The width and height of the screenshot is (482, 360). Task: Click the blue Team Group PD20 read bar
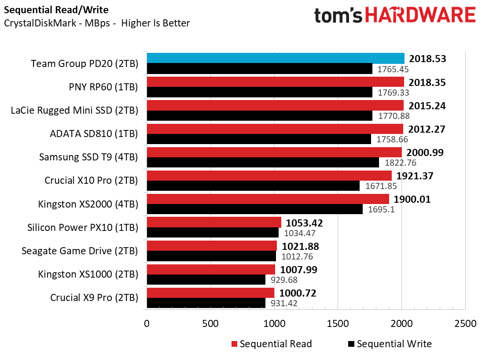point(276,58)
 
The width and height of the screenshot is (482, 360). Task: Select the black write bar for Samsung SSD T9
point(263,163)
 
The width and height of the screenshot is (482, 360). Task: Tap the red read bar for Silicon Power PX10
point(214,222)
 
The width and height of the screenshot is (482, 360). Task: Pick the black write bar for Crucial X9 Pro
point(206,303)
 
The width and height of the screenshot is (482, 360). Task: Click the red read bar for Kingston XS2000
point(268,199)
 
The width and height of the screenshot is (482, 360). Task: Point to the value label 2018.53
point(427,59)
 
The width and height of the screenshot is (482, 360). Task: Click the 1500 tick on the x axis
point(338,323)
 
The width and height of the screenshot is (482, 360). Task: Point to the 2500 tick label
point(465,323)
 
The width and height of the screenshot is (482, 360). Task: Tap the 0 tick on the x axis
point(147,323)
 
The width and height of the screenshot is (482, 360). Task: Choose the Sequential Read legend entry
point(271,344)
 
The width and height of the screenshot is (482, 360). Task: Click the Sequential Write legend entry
point(390,344)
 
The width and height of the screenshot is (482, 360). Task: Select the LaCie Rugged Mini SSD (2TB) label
point(74,110)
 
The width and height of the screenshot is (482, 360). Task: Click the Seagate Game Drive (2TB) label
point(80,251)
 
